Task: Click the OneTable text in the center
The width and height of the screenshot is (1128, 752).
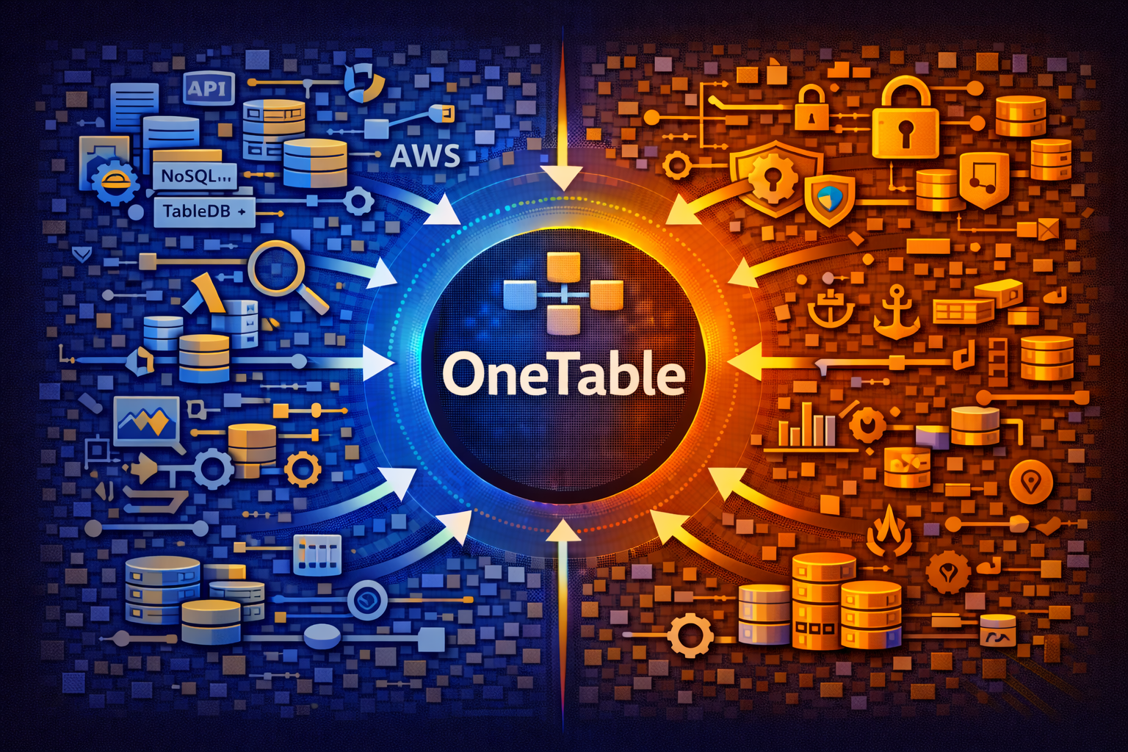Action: (x=563, y=375)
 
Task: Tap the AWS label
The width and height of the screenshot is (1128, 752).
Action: (x=425, y=156)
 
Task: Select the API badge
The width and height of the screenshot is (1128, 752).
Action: (x=209, y=89)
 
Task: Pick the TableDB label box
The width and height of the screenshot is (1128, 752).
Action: (x=203, y=211)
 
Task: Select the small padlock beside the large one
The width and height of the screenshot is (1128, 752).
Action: (x=811, y=108)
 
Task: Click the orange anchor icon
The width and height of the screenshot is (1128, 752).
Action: (x=895, y=312)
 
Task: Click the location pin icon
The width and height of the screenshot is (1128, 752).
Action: (x=1031, y=482)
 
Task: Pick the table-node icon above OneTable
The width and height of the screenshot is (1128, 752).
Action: (x=563, y=293)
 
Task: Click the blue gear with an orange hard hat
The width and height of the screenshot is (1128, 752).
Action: (x=115, y=181)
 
